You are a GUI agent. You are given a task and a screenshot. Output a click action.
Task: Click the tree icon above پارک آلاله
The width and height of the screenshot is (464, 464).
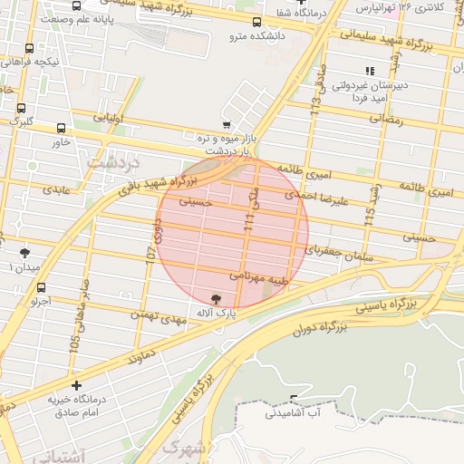(215, 298)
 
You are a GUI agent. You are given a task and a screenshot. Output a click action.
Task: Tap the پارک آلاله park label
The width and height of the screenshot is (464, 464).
(215, 312)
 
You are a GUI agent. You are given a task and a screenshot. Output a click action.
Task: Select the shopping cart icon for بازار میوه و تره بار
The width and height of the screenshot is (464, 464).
(225, 126)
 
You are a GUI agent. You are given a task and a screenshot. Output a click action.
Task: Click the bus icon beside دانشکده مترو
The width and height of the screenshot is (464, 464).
(257, 23)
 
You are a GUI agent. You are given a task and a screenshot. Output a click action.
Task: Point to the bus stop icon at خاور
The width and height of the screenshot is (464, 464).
(61, 129)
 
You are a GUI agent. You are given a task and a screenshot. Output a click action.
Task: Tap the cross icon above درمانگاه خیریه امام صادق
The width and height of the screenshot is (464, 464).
(76, 385)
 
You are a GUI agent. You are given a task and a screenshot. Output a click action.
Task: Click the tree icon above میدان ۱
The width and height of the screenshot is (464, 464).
(24, 253)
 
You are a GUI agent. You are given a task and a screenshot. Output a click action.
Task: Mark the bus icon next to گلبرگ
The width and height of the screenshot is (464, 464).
(21, 108)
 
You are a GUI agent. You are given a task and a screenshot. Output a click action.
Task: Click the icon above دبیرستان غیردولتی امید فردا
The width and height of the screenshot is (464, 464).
(369, 71)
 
